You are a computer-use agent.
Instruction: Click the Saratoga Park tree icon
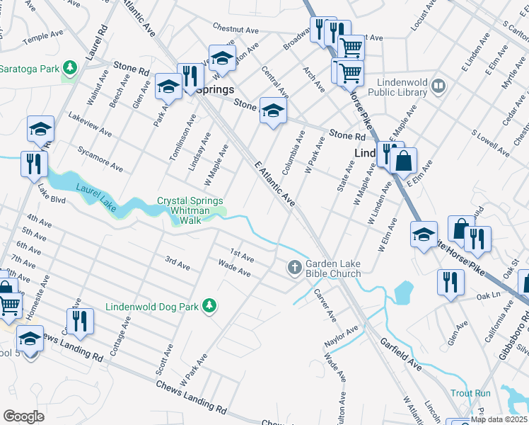tap(69, 68)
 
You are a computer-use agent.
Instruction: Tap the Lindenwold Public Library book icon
tap(438, 86)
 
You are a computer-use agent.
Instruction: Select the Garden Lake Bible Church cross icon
tap(294, 268)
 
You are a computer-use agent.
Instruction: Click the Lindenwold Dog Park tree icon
tap(209, 306)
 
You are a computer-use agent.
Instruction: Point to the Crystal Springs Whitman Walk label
tap(190, 210)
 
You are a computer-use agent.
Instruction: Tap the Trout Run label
tap(470, 392)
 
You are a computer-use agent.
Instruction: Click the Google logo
tap(23, 416)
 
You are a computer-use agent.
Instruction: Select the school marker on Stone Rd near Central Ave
tap(273, 110)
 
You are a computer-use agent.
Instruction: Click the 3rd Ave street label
tap(178, 264)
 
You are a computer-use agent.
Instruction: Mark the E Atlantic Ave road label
tap(274, 183)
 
